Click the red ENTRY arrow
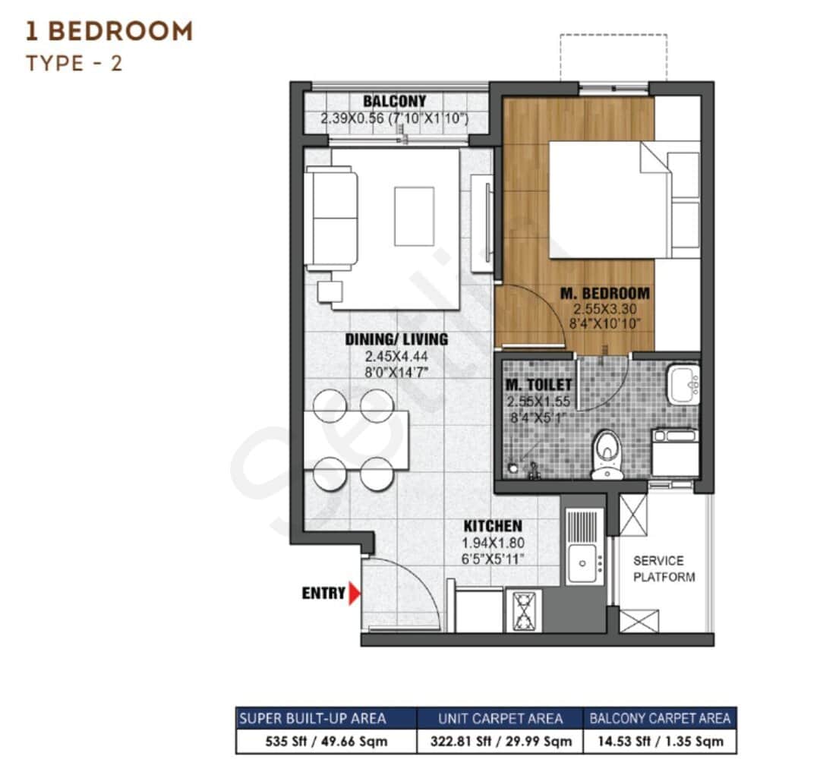[x=354, y=594]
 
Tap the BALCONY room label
[x=394, y=102]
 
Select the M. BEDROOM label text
[x=604, y=293]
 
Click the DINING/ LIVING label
[x=396, y=339]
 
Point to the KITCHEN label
[x=493, y=526]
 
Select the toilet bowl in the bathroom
[x=607, y=454]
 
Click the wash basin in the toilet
[x=683, y=385]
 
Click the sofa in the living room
[x=330, y=219]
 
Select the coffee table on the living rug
[x=414, y=216]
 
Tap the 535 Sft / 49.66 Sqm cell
[x=326, y=741]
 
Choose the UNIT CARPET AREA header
[x=500, y=718]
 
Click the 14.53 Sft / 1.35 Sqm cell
[x=660, y=741]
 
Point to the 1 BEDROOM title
[x=109, y=31]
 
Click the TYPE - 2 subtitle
[x=74, y=63]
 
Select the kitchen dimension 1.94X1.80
[x=493, y=543]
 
